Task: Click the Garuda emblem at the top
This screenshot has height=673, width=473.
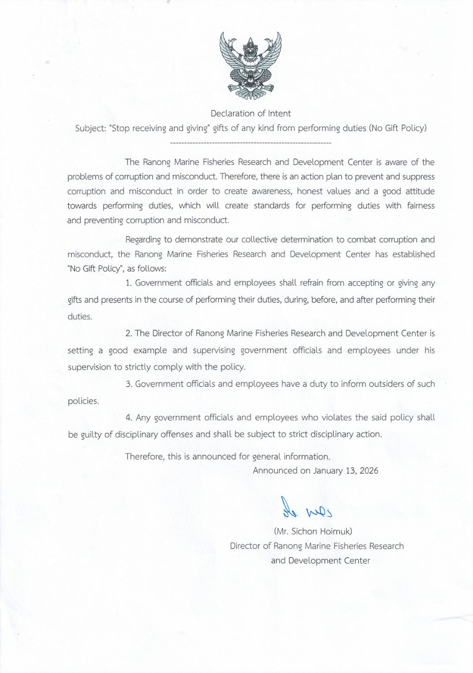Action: pos(250,66)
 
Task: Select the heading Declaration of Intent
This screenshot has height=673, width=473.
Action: pos(251,113)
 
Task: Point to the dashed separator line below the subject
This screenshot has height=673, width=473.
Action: pos(250,143)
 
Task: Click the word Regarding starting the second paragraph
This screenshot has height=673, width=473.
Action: pos(143,240)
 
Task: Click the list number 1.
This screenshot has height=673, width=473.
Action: pos(128,283)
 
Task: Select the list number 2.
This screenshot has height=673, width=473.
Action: pos(128,333)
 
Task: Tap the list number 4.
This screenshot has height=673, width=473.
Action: pos(128,418)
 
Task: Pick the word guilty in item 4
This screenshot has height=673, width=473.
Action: pos(90,435)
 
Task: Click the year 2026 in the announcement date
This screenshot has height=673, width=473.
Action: pos(369,471)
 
